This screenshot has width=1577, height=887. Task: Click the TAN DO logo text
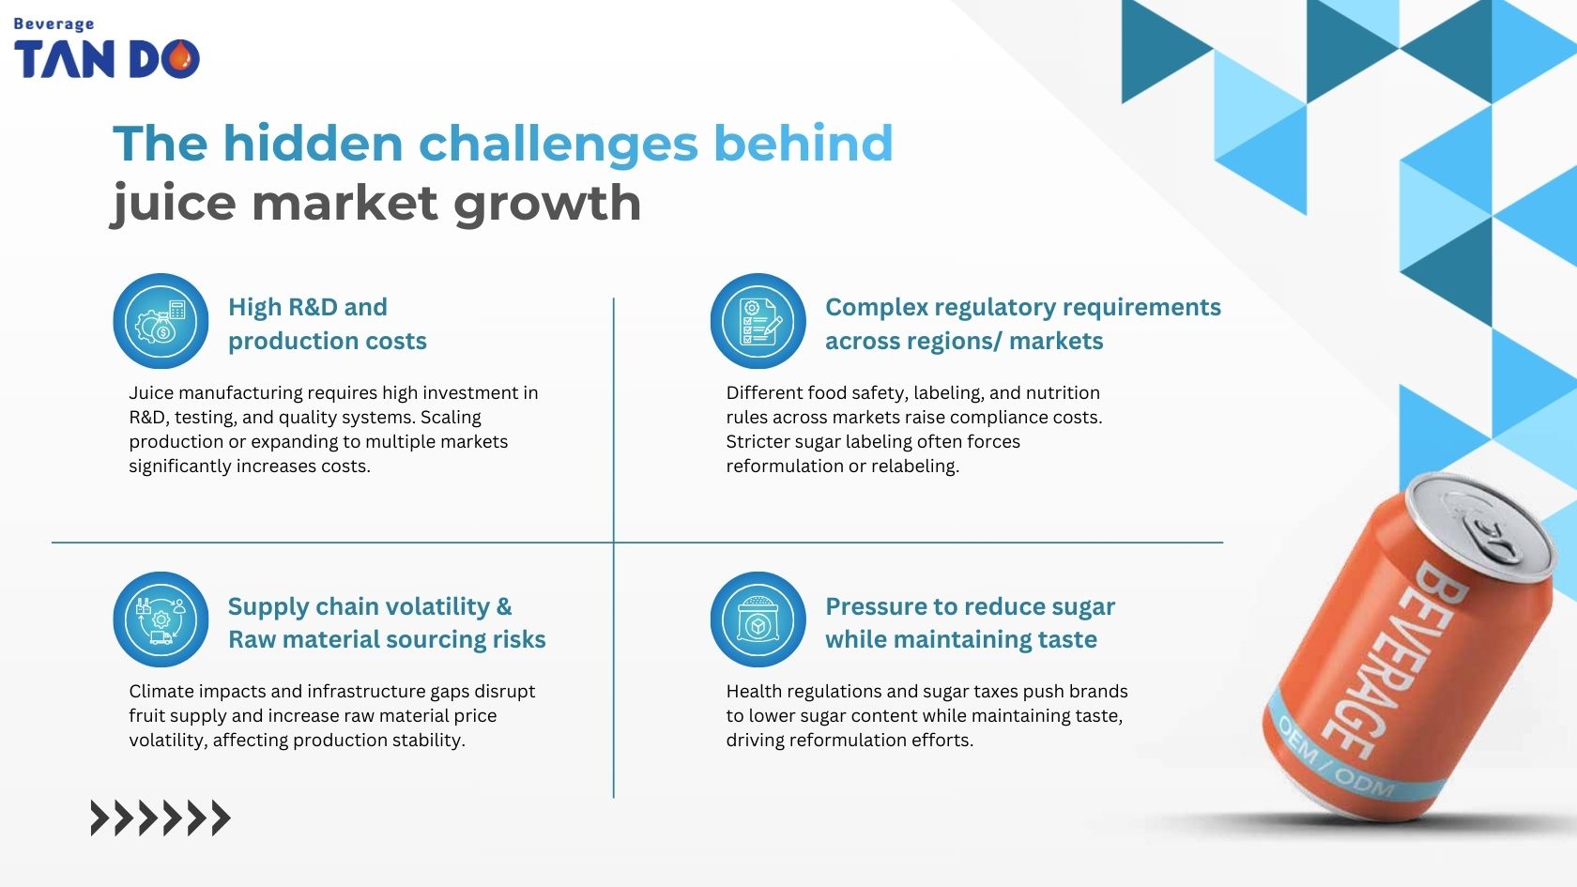tap(105, 59)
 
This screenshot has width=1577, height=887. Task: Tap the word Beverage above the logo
tap(54, 23)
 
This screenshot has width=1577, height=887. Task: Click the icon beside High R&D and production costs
tap(161, 321)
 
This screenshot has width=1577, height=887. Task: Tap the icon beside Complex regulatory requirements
tap(758, 321)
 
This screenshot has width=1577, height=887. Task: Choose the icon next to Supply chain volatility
tap(161, 619)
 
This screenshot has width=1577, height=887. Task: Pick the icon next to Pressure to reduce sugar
tap(758, 619)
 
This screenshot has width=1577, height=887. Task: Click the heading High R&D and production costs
tap(327, 324)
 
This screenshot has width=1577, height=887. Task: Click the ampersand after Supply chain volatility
tap(504, 606)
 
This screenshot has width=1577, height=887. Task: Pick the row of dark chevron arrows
tap(160, 818)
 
